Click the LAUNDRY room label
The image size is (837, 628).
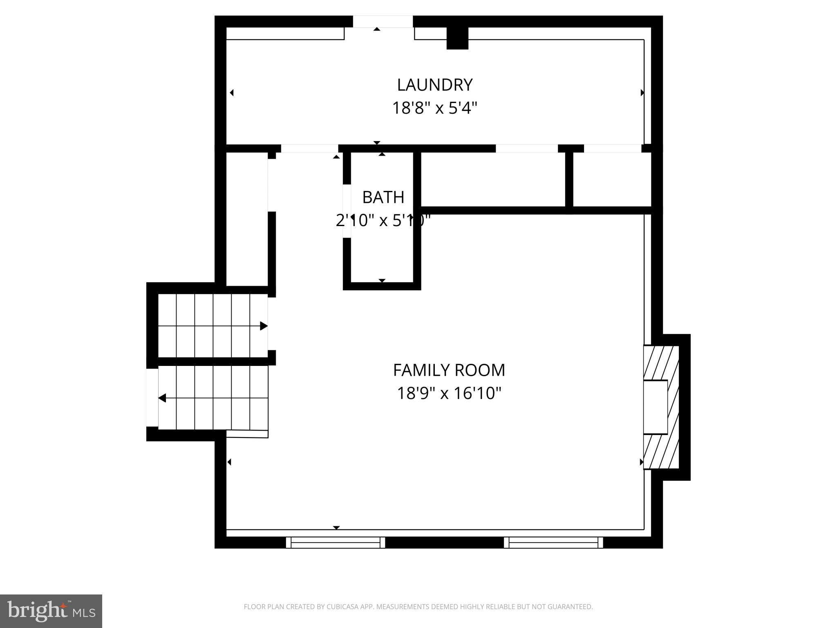click(x=434, y=85)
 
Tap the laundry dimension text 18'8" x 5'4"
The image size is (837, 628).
click(x=434, y=108)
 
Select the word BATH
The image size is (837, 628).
click(x=383, y=197)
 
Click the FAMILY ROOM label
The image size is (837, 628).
click(x=449, y=370)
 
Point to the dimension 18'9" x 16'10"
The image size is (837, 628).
click(x=449, y=394)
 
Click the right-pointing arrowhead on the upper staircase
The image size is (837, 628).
click(x=264, y=326)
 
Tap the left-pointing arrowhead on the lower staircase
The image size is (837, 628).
click(x=162, y=398)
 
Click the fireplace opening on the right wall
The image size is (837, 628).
click(x=655, y=407)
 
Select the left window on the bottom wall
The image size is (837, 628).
click(x=335, y=543)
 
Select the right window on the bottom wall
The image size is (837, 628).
click(x=553, y=543)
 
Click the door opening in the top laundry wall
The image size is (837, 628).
click(x=383, y=22)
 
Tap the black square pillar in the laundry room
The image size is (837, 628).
click(x=457, y=38)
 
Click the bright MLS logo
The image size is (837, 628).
click(x=51, y=611)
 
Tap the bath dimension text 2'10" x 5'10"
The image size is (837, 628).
click(x=383, y=221)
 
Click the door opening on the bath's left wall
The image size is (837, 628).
click(x=347, y=211)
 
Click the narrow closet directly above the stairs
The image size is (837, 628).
click(x=247, y=219)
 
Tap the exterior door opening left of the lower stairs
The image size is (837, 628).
click(x=152, y=397)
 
